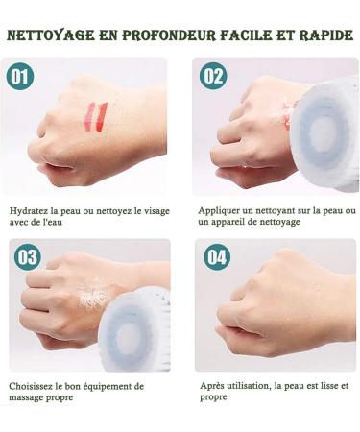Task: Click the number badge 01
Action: [x=20, y=76]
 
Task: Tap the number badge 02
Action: [x=213, y=76]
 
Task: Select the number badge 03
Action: [x=28, y=257]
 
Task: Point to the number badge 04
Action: [x=217, y=256]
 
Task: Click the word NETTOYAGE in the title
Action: [x=51, y=36]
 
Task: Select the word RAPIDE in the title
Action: [x=326, y=36]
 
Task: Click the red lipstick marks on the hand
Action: [x=97, y=117]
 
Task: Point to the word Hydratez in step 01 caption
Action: [x=29, y=211]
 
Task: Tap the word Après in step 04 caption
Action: [x=212, y=386]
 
